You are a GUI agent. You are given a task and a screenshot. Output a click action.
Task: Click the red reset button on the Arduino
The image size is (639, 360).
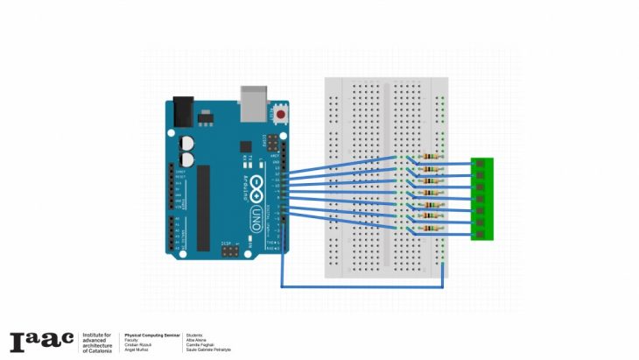pyautogui.click(x=281, y=114)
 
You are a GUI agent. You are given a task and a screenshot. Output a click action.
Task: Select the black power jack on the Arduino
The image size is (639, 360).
pyautogui.click(x=183, y=109)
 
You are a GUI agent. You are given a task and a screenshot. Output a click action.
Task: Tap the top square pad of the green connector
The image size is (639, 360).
pyautogui.click(x=481, y=164)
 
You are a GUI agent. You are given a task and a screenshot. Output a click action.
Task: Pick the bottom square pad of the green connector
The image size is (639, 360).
pyautogui.click(x=481, y=233)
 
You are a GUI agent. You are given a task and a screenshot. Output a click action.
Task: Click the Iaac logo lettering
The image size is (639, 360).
pyautogui.click(x=40, y=341)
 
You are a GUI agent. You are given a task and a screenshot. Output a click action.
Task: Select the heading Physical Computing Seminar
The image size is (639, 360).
pyautogui.click(x=151, y=335)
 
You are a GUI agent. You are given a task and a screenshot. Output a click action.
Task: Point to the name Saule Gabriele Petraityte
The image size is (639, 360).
pyautogui.click(x=208, y=350)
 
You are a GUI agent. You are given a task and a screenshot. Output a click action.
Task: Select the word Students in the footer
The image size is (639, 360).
pyautogui.click(x=194, y=335)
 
